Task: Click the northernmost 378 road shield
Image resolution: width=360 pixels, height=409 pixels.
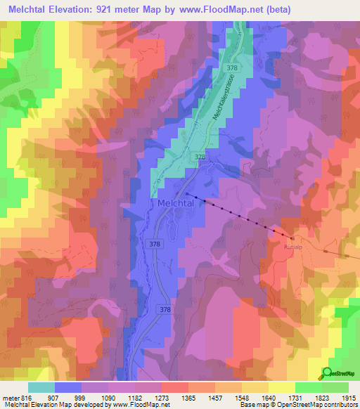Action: (231, 67)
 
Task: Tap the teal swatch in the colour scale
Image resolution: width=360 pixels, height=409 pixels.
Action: (41, 387)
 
